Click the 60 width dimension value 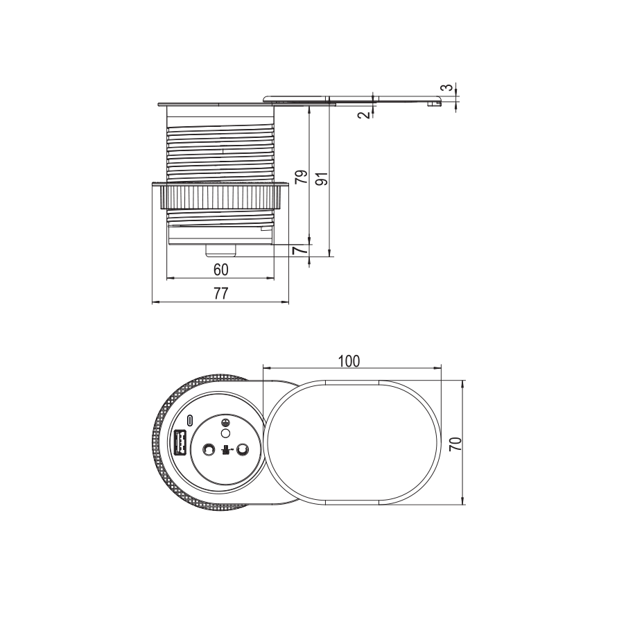click(x=220, y=270)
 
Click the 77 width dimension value click(x=220, y=293)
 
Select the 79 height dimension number click(x=301, y=177)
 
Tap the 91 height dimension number click(x=322, y=179)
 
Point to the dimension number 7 click(x=301, y=250)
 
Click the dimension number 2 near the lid click(x=365, y=114)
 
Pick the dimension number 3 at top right click(x=447, y=87)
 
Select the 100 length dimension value click(x=349, y=361)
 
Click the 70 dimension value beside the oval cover click(x=455, y=444)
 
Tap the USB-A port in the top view click(x=180, y=442)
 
